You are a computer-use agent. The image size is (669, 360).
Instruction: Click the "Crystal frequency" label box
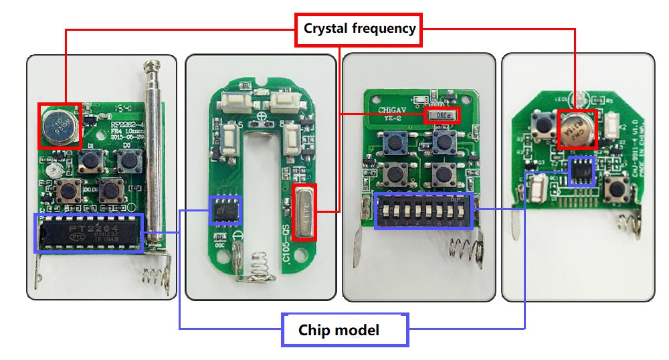click(359, 29)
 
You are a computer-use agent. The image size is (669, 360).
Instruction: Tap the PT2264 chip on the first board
click(88, 234)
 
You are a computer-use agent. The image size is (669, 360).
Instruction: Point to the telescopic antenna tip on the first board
click(153, 65)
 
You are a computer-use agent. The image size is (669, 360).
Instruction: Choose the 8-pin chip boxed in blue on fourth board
click(581, 171)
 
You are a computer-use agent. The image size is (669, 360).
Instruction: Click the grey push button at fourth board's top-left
click(541, 125)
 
